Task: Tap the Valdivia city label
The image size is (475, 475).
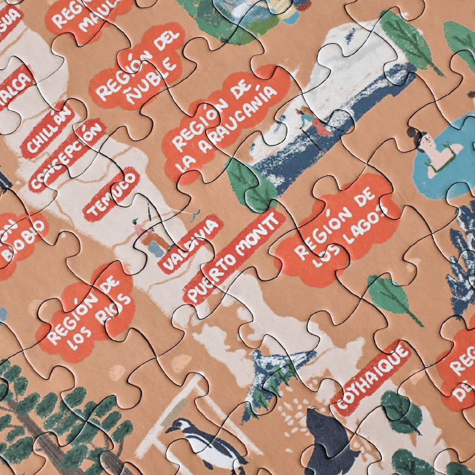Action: coord(190,244)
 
